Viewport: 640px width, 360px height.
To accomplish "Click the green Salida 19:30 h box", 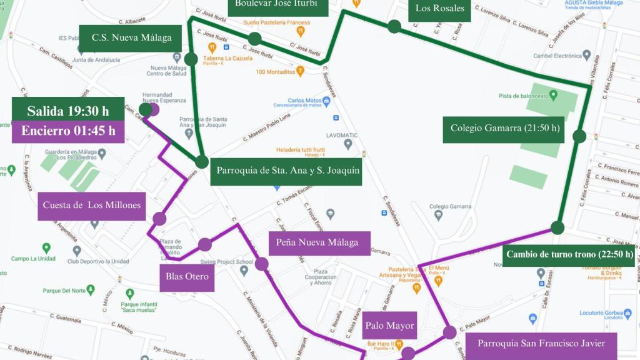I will (x=67, y=112).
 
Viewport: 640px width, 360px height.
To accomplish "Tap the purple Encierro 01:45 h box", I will (x=67, y=131).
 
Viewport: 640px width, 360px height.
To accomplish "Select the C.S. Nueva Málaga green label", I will (x=131, y=37).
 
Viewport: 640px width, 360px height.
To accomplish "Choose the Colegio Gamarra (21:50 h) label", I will (x=504, y=129).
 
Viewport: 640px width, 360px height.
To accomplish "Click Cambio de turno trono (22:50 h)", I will (x=569, y=254).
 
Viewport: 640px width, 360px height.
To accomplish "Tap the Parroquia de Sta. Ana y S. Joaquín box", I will (x=288, y=171).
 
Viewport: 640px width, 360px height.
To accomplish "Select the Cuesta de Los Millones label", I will (x=92, y=206).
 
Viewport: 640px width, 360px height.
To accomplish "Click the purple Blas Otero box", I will (x=187, y=276).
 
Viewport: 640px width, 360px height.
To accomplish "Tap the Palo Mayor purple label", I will (x=389, y=326).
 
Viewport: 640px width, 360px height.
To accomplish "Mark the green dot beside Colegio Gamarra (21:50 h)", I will (x=579, y=136).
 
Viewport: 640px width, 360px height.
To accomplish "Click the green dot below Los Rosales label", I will (x=394, y=26).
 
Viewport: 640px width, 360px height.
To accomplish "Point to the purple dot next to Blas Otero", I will (x=205, y=244).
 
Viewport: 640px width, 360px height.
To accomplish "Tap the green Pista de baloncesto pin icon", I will (x=553, y=96).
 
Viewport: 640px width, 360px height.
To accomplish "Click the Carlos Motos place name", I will (x=304, y=100).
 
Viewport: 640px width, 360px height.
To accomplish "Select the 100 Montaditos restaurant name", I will (x=276, y=72).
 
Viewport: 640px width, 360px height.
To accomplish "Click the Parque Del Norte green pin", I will (x=91, y=289).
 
